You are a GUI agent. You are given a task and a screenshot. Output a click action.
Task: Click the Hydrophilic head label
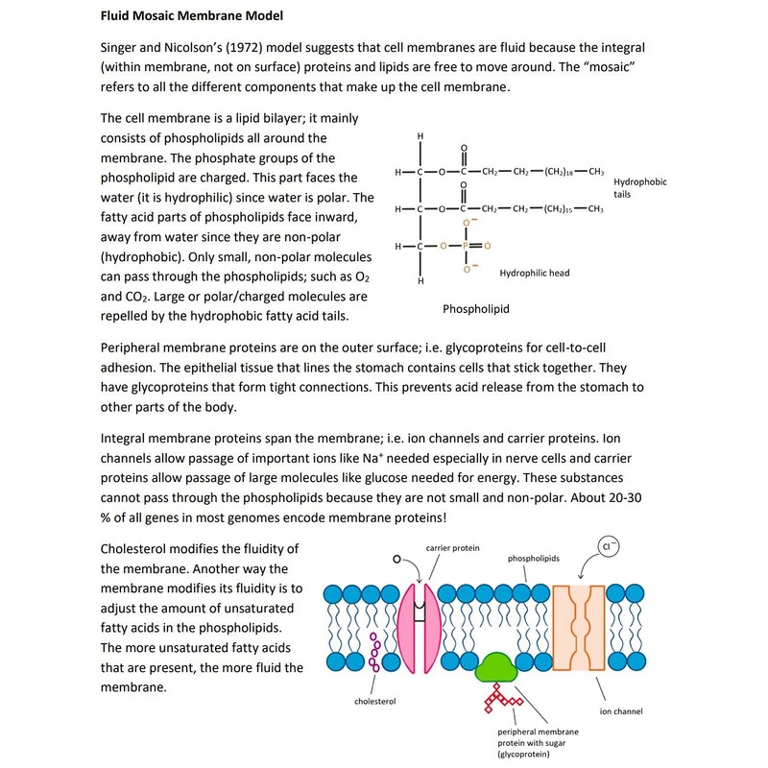tap(535, 273)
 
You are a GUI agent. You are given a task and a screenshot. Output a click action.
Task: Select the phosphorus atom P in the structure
tap(466, 246)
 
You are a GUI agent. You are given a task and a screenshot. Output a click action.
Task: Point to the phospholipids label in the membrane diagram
tap(536, 557)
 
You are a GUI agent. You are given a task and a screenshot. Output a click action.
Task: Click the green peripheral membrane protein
tap(496, 665)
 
